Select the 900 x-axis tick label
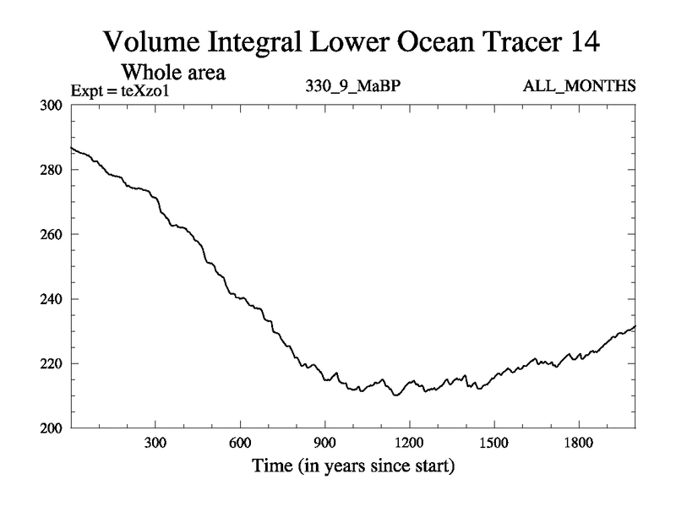click(x=324, y=443)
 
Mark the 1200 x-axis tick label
click(x=409, y=443)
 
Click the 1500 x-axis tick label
click(x=493, y=443)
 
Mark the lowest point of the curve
click(x=395, y=395)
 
